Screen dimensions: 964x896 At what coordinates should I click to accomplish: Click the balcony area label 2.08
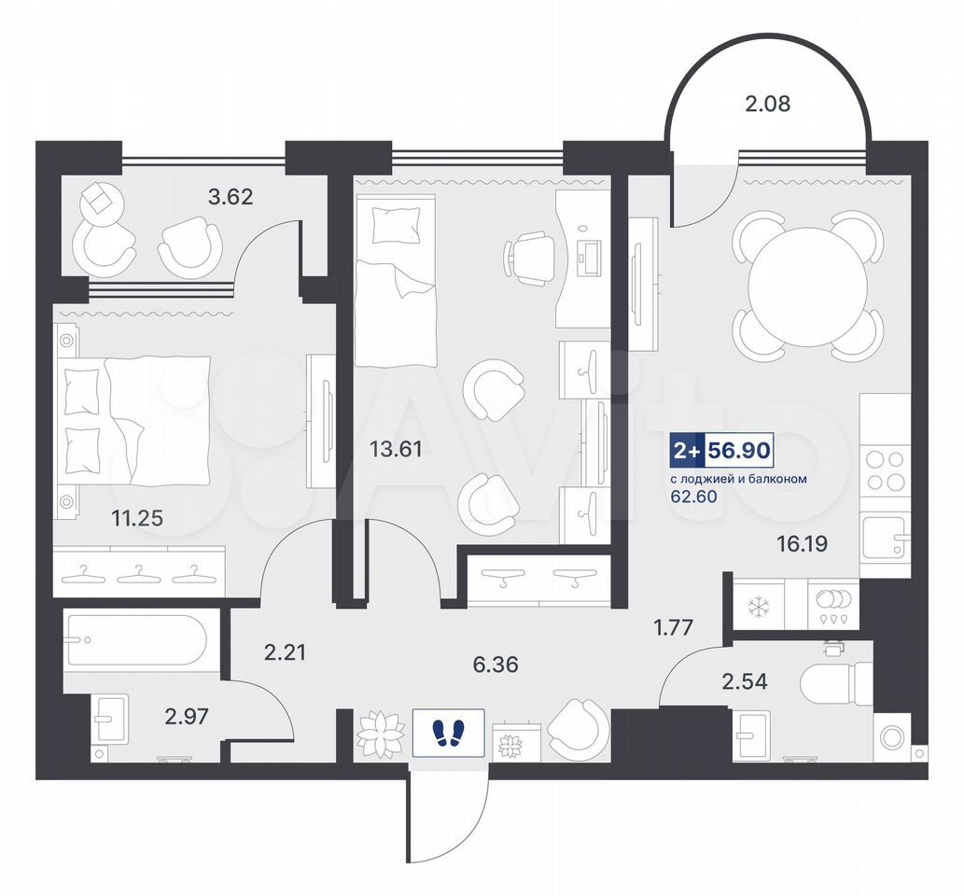[x=767, y=104]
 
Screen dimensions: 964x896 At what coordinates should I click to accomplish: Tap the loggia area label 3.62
[x=231, y=197]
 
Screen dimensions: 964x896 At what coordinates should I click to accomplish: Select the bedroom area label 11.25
[x=137, y=518]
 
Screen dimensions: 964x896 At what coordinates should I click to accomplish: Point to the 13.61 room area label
[x=396, y=449]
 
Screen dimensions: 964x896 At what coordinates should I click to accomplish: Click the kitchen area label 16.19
[x=803, y=543]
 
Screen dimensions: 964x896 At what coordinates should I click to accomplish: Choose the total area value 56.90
[x=739, y=451]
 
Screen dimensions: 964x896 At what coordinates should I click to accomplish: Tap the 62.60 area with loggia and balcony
[x=693, y=497]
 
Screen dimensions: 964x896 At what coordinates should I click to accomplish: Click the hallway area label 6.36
[x=496, y=665]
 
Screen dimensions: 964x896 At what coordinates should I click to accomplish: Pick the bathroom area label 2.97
[x=187, y=716]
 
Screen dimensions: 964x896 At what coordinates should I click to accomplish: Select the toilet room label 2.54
[x=744, y=681]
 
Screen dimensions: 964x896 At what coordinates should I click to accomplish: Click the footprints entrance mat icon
[x=449, y=733]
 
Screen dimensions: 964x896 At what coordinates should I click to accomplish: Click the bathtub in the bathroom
[x=136, y=639]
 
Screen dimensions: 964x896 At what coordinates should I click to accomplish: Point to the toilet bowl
[x=836, y=681]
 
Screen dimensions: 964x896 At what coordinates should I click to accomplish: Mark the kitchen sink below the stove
[x=884, y=539]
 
